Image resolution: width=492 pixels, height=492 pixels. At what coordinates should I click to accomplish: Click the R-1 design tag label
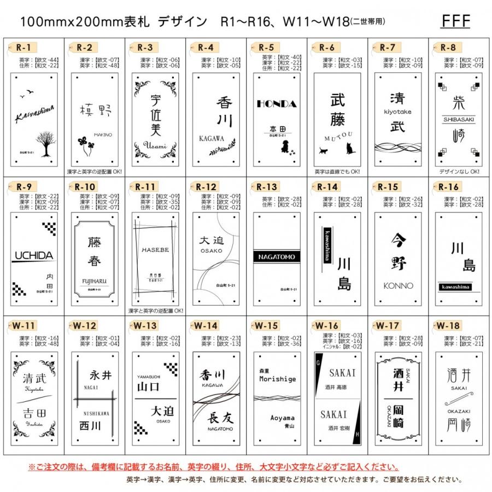pos(24,47)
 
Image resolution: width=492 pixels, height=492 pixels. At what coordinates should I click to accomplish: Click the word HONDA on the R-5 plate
pos(277,104)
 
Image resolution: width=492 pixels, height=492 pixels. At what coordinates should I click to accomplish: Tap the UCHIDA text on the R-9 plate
pos(33,255)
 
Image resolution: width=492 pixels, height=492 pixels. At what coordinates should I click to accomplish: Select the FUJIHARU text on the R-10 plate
pos(94,282)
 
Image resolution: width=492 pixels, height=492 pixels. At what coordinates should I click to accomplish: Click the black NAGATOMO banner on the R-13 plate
pos(277,257)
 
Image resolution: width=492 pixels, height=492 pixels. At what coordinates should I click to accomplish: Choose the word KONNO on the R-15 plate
pos(399,285)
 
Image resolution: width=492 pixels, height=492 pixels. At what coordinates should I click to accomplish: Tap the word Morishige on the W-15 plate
pos(277,379)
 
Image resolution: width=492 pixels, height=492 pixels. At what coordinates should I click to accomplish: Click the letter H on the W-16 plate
pos(358,434)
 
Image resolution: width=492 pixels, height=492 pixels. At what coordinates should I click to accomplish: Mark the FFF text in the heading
pos(455,21)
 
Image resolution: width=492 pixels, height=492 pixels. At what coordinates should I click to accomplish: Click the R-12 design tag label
pos(206,187)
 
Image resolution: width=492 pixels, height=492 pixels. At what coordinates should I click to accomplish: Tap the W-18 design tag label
pos(448,326)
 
